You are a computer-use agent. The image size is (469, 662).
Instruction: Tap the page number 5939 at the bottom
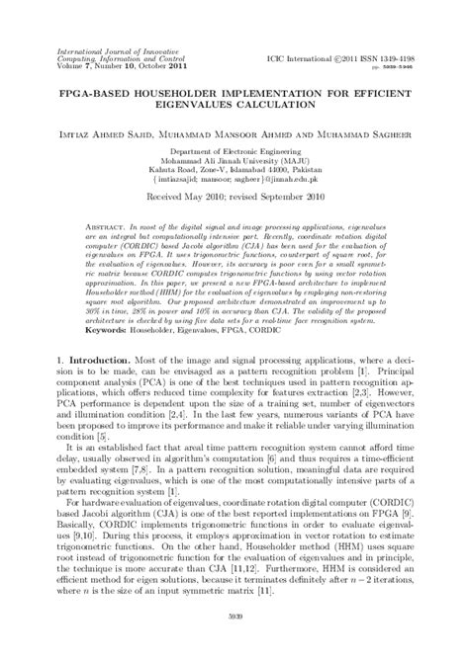click(234, 644)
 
